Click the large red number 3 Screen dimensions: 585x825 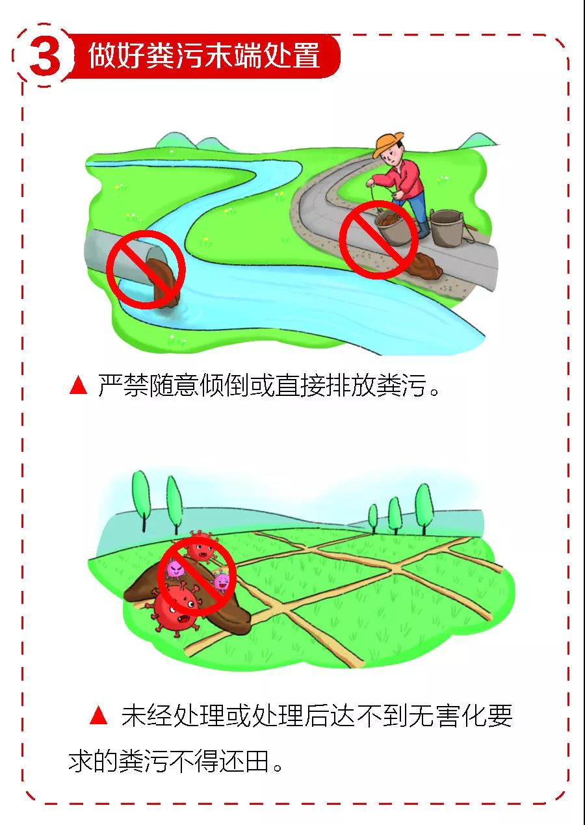45,55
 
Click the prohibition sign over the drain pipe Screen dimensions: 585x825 146,270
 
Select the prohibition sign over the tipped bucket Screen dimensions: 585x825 378,239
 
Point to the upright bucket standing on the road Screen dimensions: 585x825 446,228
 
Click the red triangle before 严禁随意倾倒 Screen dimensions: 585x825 78,386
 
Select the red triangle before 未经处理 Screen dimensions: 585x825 98,716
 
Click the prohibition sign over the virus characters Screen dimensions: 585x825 197,577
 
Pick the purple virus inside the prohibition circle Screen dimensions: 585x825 176,569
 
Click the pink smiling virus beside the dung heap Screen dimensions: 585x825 222,581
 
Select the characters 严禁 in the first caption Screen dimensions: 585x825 123,386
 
